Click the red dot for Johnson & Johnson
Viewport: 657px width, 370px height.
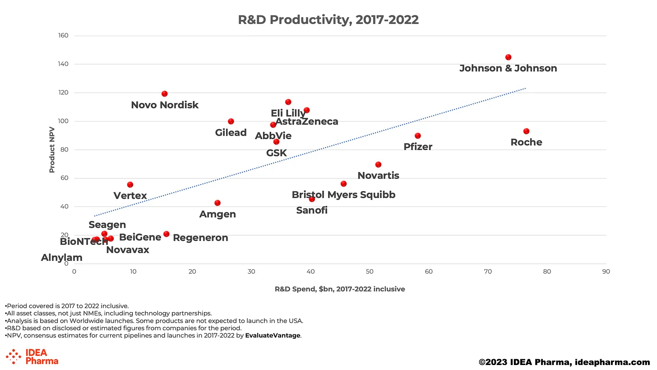pos(508,57)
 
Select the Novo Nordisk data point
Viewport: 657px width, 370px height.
pos(164,94)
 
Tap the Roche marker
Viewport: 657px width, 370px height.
pos(526,131)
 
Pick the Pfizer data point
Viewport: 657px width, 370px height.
pos(418,136)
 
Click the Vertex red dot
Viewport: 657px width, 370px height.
pos(130,185)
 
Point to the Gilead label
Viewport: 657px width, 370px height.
pos(231,133)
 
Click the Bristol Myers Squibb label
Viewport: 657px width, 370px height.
pos(343,195)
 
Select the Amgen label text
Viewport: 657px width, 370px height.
pos(217,214)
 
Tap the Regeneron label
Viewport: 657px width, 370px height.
pos(200,238)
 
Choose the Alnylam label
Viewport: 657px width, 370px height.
pos(62,258)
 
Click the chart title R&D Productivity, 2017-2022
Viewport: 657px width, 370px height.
pos(328,20)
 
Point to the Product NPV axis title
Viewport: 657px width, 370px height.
pos(52,150)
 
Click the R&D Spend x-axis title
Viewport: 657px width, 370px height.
pos(340,289)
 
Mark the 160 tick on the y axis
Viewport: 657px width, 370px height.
pos(62,36)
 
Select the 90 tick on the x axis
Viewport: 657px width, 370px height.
pos(606,272)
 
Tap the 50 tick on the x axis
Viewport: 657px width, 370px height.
pos(370,272)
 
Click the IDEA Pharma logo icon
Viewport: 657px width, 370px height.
pos(14,356)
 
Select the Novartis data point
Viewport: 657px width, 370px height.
pos(378,165)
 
